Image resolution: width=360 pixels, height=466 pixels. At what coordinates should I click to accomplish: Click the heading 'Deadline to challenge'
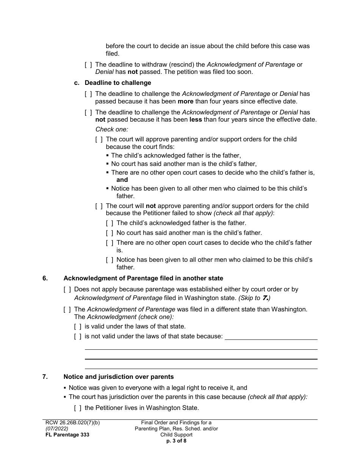click(117, 83)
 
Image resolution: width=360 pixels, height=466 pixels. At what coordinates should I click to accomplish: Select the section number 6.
click(45, 278)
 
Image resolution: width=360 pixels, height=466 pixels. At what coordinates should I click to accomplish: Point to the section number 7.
click(45, 377)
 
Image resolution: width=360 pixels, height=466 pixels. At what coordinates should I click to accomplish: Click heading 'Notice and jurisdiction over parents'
click(119, 377)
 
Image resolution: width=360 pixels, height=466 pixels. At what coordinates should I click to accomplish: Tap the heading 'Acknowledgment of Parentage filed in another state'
click(143, 278)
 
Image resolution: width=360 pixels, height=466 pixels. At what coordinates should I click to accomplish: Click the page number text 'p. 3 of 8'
click(176, 441)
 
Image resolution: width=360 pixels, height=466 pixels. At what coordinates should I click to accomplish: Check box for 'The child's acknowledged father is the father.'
click(110, 223)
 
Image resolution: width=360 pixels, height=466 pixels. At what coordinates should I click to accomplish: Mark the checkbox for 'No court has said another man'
click(110, 233)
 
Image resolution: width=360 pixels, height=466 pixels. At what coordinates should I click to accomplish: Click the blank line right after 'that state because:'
click(271, 337)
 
